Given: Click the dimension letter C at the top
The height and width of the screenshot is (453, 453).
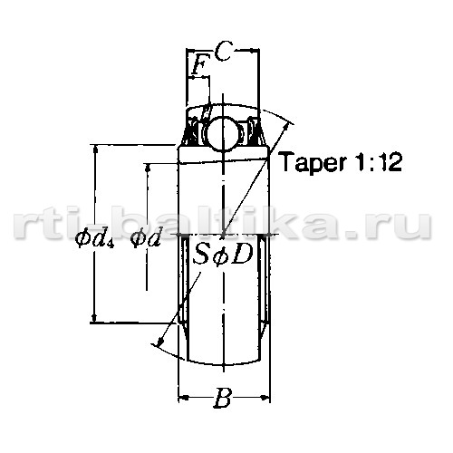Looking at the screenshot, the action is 225,51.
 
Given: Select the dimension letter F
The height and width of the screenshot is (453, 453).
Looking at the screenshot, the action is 199,64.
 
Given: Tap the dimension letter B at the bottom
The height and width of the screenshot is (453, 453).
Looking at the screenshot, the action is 223,398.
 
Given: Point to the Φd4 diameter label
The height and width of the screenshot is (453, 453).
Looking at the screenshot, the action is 94,238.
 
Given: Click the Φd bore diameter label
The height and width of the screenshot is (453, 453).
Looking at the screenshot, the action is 145,237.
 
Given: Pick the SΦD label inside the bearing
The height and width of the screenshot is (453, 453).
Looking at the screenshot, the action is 223,255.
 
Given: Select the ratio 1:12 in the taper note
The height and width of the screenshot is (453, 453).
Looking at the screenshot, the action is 378,162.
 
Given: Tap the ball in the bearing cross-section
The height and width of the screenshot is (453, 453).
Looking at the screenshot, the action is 224,133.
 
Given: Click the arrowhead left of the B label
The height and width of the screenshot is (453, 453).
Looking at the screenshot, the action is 184,397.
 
